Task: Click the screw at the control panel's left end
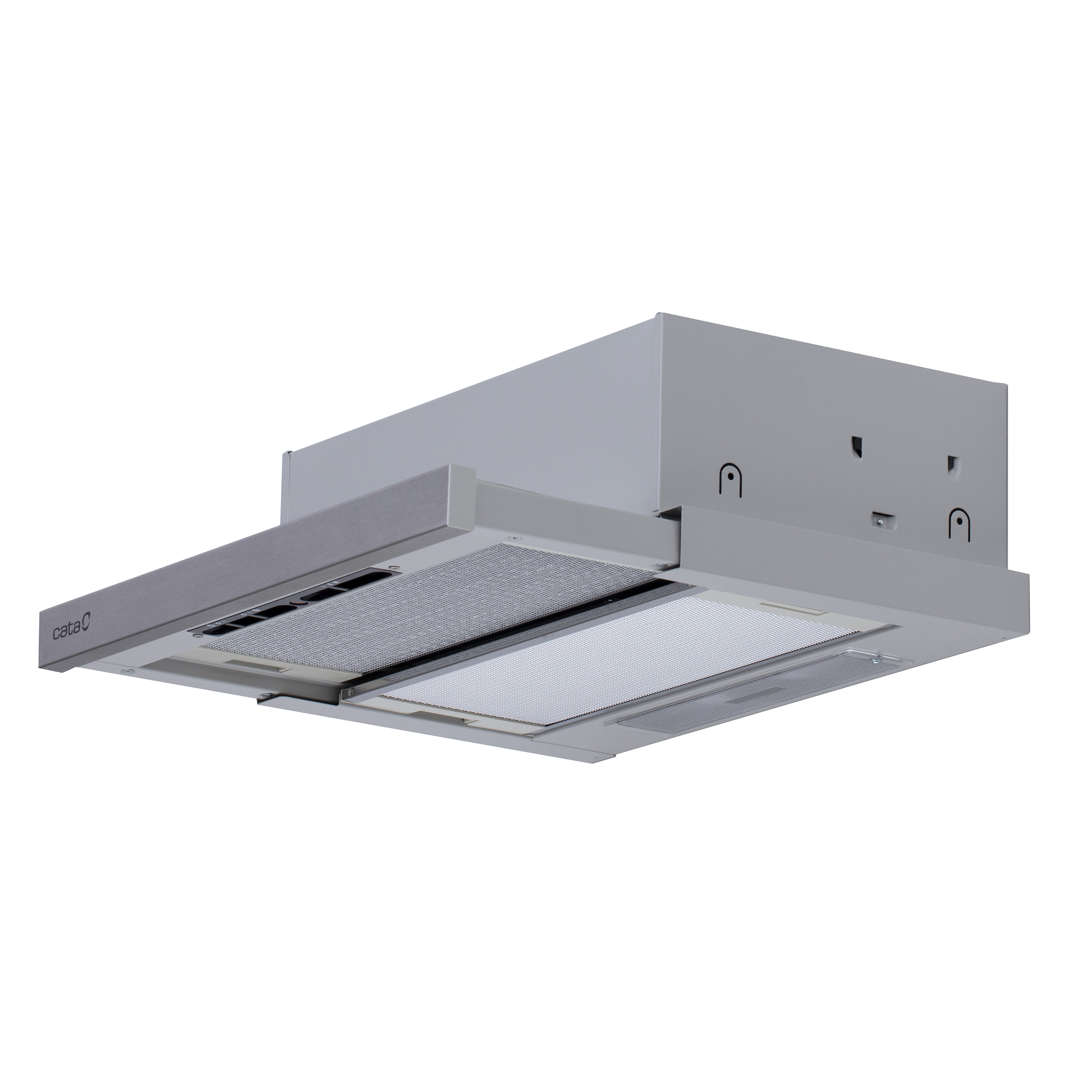coord(198,636)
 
